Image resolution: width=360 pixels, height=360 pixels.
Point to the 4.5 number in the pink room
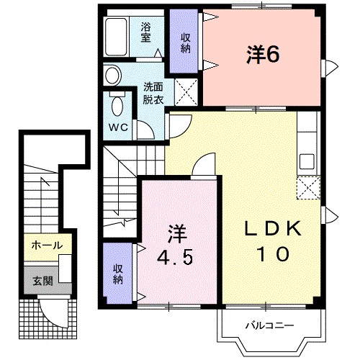point(175,258)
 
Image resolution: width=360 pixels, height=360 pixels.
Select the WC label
point(118,127)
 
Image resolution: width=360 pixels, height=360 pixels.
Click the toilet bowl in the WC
point(117,104)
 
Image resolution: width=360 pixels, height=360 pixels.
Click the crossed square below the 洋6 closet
point(185,92)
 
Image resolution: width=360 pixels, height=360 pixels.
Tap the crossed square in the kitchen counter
point(307,189)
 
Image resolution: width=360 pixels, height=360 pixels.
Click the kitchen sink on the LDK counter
point(308,160)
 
